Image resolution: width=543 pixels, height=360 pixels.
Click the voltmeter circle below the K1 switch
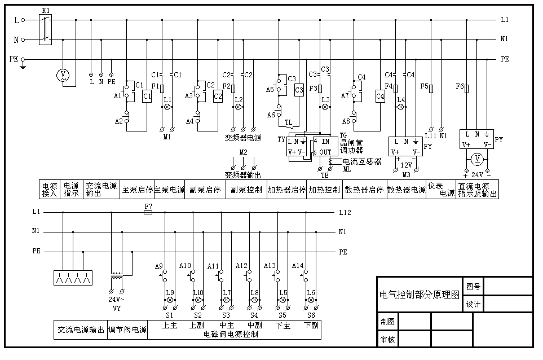63,75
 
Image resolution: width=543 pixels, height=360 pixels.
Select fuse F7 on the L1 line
148,213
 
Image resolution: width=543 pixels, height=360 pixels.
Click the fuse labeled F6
466,88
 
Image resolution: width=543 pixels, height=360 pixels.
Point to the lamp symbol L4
401,107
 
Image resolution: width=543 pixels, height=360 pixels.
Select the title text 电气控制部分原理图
420,295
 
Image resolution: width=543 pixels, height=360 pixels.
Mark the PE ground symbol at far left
23,65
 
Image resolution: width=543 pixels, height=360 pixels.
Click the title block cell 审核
387,340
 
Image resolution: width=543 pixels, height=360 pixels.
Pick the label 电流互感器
362,161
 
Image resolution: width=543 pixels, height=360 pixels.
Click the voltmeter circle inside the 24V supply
477,158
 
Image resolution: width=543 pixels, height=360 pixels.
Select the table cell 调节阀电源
127,330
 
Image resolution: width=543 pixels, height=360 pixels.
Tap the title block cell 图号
473,287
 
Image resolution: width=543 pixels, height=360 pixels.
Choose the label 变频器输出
243,175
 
